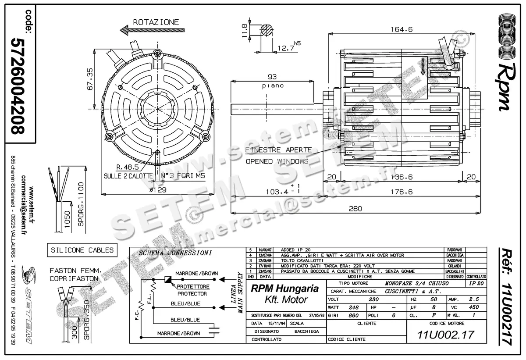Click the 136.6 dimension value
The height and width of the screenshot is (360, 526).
tap(401, 177)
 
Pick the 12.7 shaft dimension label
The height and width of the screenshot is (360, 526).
tap(285, 48)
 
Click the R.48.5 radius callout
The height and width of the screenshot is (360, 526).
tap(127, 167)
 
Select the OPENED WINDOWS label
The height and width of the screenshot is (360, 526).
tap(277, 161)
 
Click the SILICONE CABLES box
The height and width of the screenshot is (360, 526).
tap(82, 250)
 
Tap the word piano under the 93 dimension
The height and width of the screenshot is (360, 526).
tap(273, 86)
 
